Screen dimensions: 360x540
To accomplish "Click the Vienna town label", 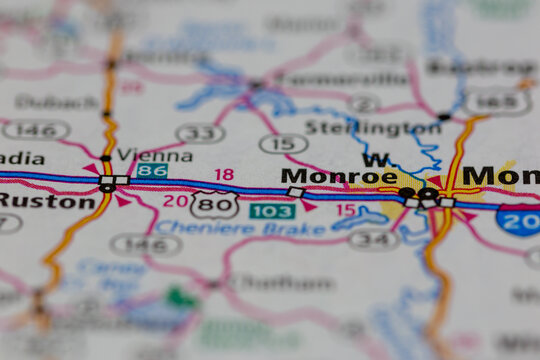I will (154, 155).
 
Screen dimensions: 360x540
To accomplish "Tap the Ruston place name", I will (47, 200).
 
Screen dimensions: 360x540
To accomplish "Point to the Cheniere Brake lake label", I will (227, 227).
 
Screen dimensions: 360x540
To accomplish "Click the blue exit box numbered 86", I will (151, 171).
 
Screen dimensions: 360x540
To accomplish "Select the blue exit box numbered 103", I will (272, 211).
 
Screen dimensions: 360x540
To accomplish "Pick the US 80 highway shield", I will (215, 205).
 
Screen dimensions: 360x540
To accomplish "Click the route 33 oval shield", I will (200, 133).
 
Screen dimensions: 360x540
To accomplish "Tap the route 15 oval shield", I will (283, 143).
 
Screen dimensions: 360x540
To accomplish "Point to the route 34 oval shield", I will (373, 239).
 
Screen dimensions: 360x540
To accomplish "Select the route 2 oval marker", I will (364, 103).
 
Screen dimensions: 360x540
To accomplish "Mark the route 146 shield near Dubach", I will (35, 129).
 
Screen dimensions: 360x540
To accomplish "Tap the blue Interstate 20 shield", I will (520, 219).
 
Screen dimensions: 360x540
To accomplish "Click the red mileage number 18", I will (224, 174).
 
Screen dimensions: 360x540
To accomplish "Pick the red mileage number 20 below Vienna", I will (175, 200).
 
